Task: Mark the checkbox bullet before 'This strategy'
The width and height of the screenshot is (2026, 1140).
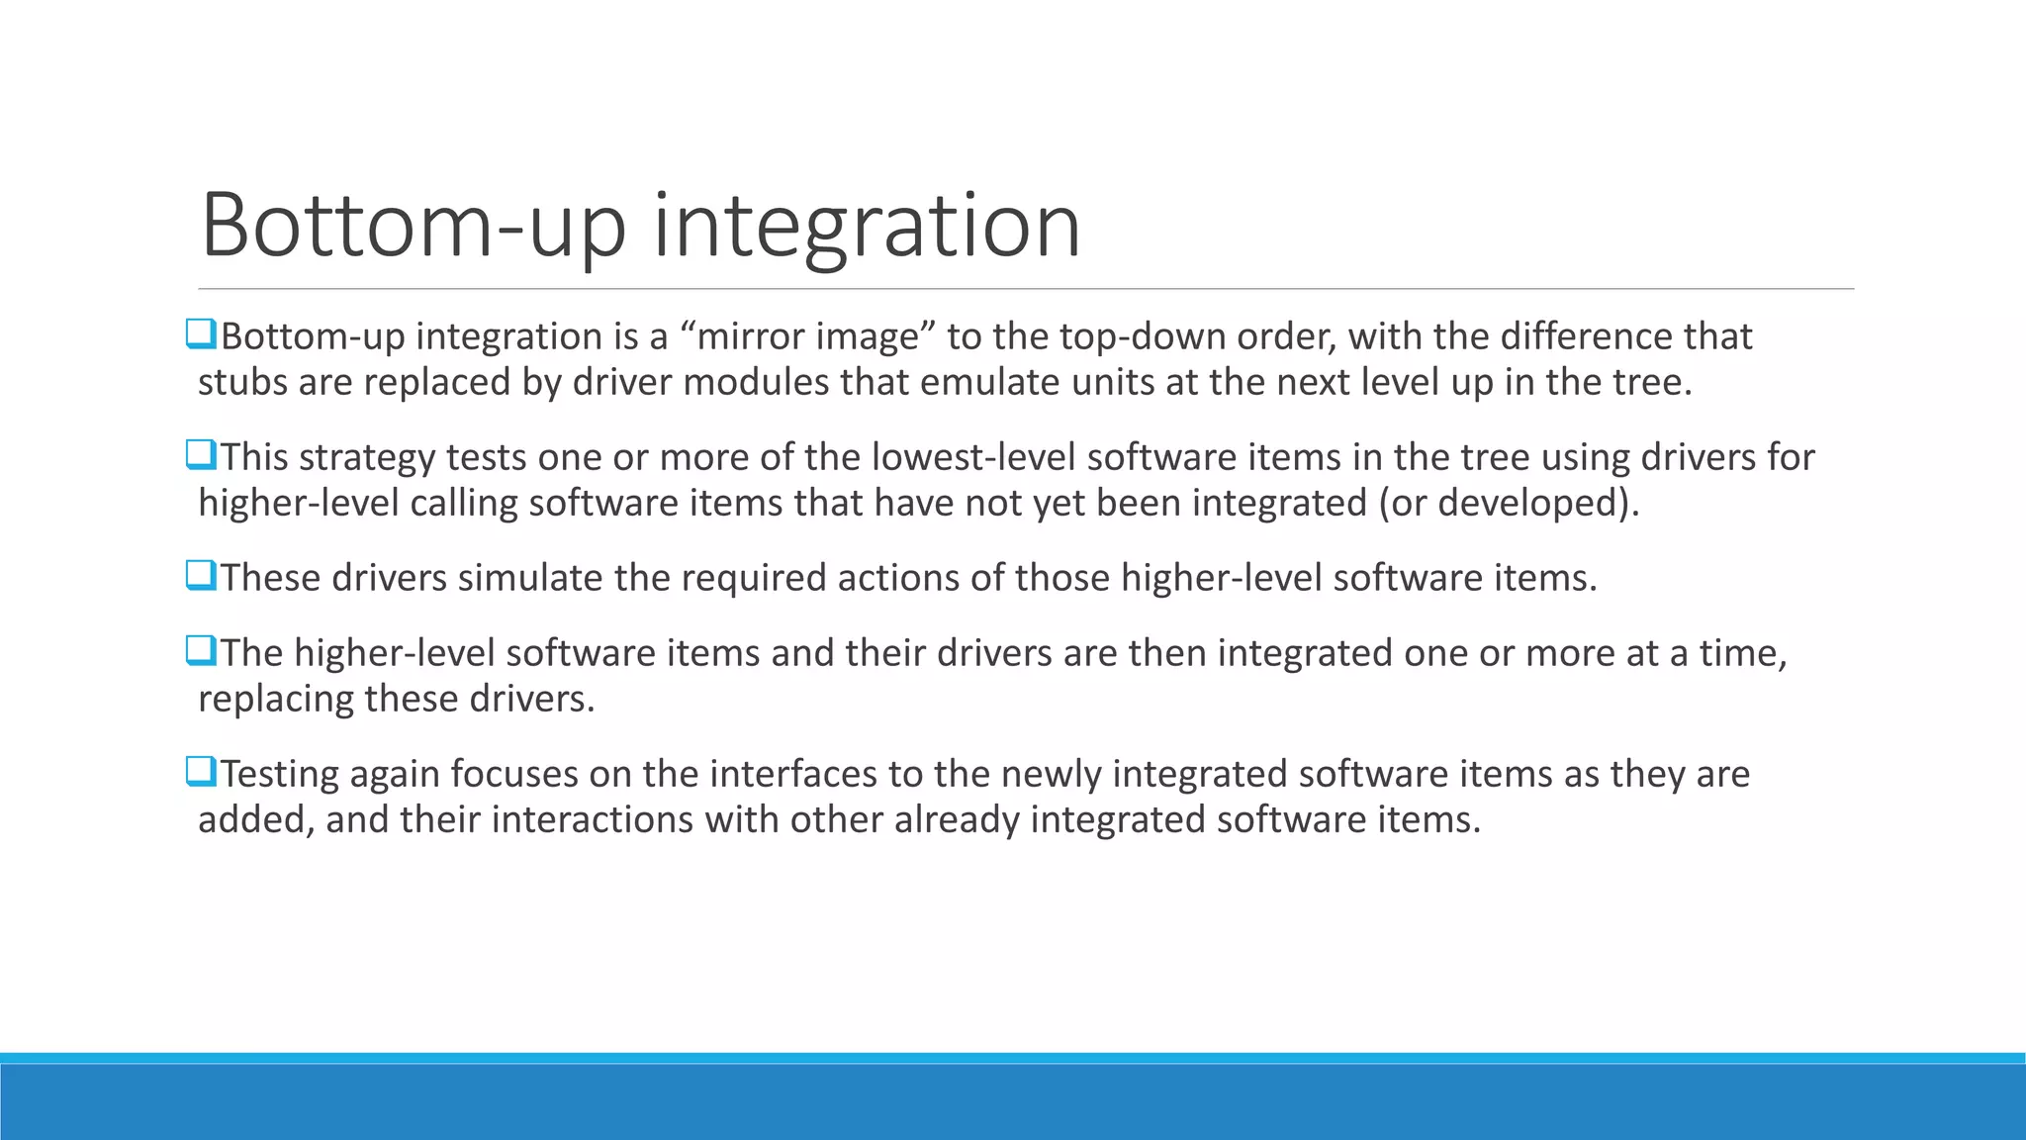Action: coord(200,456)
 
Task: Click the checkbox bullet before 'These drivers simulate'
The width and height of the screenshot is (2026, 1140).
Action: coord(200,576)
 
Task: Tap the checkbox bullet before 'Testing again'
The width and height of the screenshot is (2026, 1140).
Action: coord(200,772)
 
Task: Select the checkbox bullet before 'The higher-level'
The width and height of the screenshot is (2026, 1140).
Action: coord(200,651)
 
